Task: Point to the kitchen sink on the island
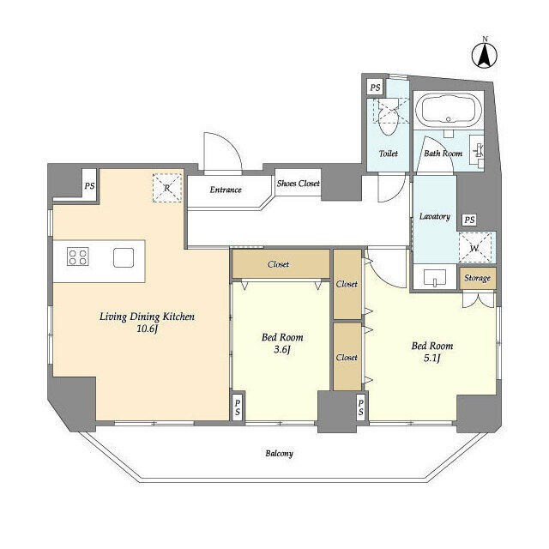click(x=123, y=256)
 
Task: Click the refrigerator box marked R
click(x=166, y=187)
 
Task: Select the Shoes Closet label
click(x=298, y=184)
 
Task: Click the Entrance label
click(x=226, y=190)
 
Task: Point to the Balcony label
click(x=278, y=453)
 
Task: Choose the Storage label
click(x=478, y=278)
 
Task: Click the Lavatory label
click(x=434, y=216)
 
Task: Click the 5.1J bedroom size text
click(x=431, y=359)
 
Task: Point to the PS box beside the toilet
click(x=375, y=87)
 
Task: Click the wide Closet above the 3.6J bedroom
click(x=280, y=264)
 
